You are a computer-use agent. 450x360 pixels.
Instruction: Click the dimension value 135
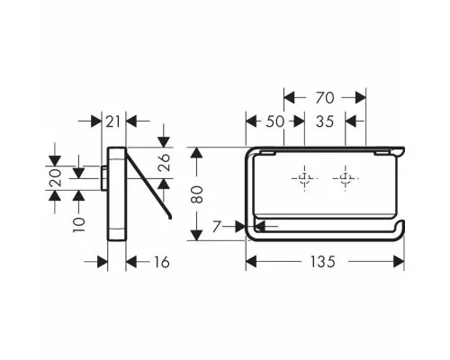[x=322, y=262]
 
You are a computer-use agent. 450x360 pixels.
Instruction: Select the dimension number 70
[x=325, y=98]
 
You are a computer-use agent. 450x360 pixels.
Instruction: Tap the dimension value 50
[x=274, y=121]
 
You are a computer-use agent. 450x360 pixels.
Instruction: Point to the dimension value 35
[x=325, y=121]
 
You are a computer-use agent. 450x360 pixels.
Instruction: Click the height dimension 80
[x=197, y=194]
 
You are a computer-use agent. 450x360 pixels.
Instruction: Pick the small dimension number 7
[x=217, y=227]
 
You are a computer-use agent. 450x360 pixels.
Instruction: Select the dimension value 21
[x=113, y=121]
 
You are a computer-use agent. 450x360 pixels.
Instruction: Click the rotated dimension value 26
[x=165, y=162]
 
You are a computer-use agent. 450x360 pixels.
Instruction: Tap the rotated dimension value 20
[x=56, y=177]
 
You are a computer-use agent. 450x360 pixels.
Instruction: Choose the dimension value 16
[x=162, y=262]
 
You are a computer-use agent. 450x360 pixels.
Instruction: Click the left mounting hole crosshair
[x=304, y=178]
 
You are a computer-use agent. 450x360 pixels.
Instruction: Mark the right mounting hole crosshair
[x=345, y=178]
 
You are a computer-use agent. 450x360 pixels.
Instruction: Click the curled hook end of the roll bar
[x=402, y=227]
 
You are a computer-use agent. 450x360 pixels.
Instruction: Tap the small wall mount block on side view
[x=104, y=178]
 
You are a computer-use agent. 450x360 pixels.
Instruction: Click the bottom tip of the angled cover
[x=171, y=217]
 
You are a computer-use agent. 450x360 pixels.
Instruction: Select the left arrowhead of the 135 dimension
[x=251, y=262]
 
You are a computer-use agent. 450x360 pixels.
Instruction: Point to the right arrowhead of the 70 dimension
[x=361, y=98]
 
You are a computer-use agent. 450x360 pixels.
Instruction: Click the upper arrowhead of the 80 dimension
[x=196, y=153]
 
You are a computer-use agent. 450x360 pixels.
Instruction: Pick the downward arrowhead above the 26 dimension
[x=164, y=141]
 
